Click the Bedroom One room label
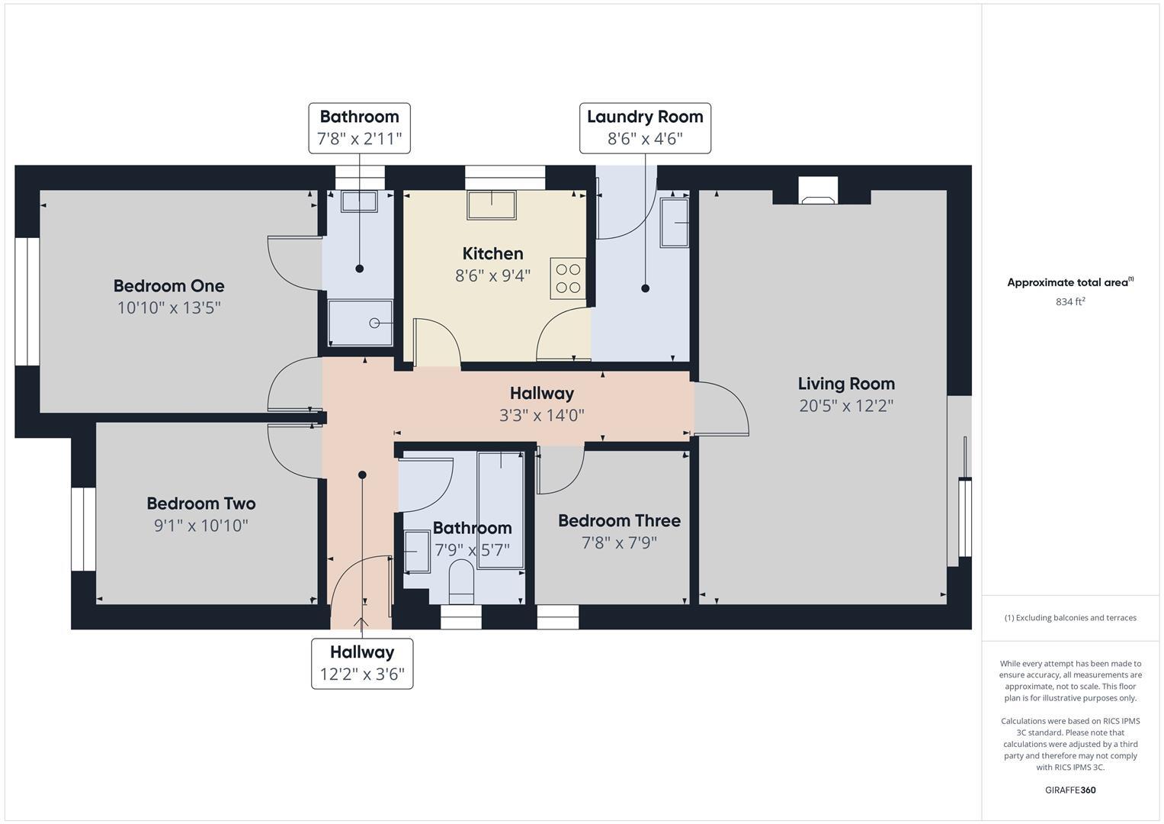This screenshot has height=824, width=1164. (168, 286)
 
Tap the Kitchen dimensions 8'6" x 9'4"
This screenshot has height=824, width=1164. (492, 275)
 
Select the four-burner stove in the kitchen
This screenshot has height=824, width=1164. (568, 278)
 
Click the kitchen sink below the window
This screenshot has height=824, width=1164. (492, 205)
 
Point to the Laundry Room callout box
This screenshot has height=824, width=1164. (645, 128)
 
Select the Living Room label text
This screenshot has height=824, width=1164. (846, 384)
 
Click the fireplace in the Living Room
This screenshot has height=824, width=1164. (818, 192)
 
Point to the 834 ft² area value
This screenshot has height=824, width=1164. (1070, 301)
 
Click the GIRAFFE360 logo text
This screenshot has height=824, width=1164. (1070, 790)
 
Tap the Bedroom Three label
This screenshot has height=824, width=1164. (619, 520)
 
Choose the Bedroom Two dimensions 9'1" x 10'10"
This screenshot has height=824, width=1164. (201, 526)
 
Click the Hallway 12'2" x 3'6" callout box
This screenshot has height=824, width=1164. (362, 663)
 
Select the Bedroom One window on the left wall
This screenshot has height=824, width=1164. (27, 301)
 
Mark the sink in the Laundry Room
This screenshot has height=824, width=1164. (674, 222)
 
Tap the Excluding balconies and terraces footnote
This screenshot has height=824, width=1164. (1070, 618)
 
